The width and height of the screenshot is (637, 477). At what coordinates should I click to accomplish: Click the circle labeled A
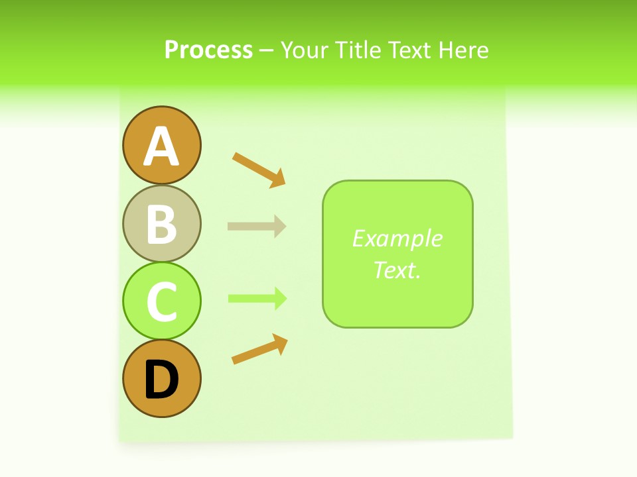coord(161,145)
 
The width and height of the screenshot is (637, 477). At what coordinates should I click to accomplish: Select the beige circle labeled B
coord(161,223)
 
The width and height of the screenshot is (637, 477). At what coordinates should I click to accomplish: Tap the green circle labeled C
coord(161,301)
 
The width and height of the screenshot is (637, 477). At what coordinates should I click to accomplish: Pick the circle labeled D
coord(161,378)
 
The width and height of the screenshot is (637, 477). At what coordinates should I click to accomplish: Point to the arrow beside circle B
coord(257,226)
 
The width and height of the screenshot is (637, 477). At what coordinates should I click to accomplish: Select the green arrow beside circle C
coord(257,298)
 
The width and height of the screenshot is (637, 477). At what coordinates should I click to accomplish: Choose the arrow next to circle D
coord(259,349)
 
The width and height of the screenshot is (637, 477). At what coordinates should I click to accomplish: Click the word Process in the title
coord(208,50)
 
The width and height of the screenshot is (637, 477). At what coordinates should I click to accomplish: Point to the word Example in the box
coord(397,238)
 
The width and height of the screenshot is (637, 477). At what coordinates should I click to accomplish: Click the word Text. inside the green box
coord(397,270)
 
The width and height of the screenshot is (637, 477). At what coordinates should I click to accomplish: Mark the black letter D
coord(161,380)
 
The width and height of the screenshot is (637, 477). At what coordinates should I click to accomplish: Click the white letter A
coord(161,146)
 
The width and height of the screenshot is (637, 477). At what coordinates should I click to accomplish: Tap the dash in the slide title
coord(267,50)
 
